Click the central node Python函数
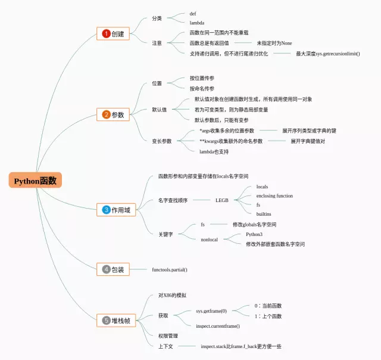(x=35, y=181)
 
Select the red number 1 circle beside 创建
(x=106, y=34)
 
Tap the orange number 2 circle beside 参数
(x=106, y=114)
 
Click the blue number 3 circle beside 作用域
(x=106, y=210)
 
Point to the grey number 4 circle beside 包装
(x=106, y=269)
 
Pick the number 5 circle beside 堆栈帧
(x=106, y=321)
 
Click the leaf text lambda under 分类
(x=197, y=23)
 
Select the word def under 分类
(x=193, y=13)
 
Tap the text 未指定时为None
(x=274, y=43)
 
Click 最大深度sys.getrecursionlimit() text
(x=328, y=54)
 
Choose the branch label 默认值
(x=160, y=110)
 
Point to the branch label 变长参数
(x=161, y=141)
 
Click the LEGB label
(x=222, y=200)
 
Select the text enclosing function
(x=274, y=195)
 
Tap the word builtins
(x=264, y=213)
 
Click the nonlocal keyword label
(x=209, y=239)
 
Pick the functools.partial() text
(x=170, y=269)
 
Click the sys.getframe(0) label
(x=211, y=311)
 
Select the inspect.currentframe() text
(x=218, y=326)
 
